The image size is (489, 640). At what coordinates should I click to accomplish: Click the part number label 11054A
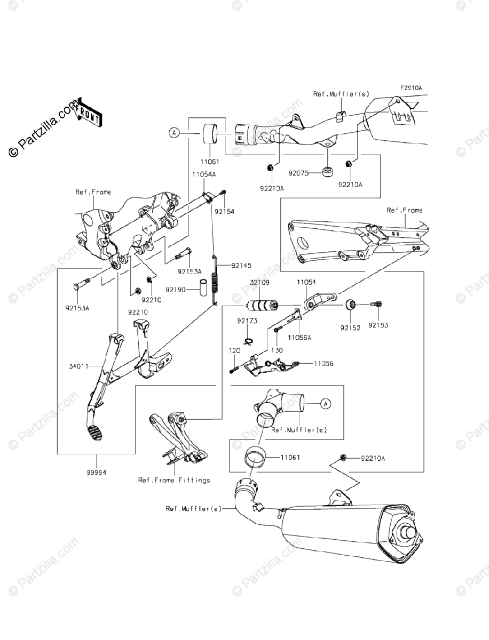coord(204,174)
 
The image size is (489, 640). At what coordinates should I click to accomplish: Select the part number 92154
coord(224,212)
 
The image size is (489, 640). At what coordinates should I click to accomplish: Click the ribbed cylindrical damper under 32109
coord(262,307)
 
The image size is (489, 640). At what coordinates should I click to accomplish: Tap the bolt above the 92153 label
coord(376,305)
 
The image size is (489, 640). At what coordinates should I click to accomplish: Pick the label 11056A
coord(299,338)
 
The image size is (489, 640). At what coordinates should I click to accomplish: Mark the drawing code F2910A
coord(411,87)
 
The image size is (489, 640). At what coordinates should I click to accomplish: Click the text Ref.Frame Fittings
coord(174,480)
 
